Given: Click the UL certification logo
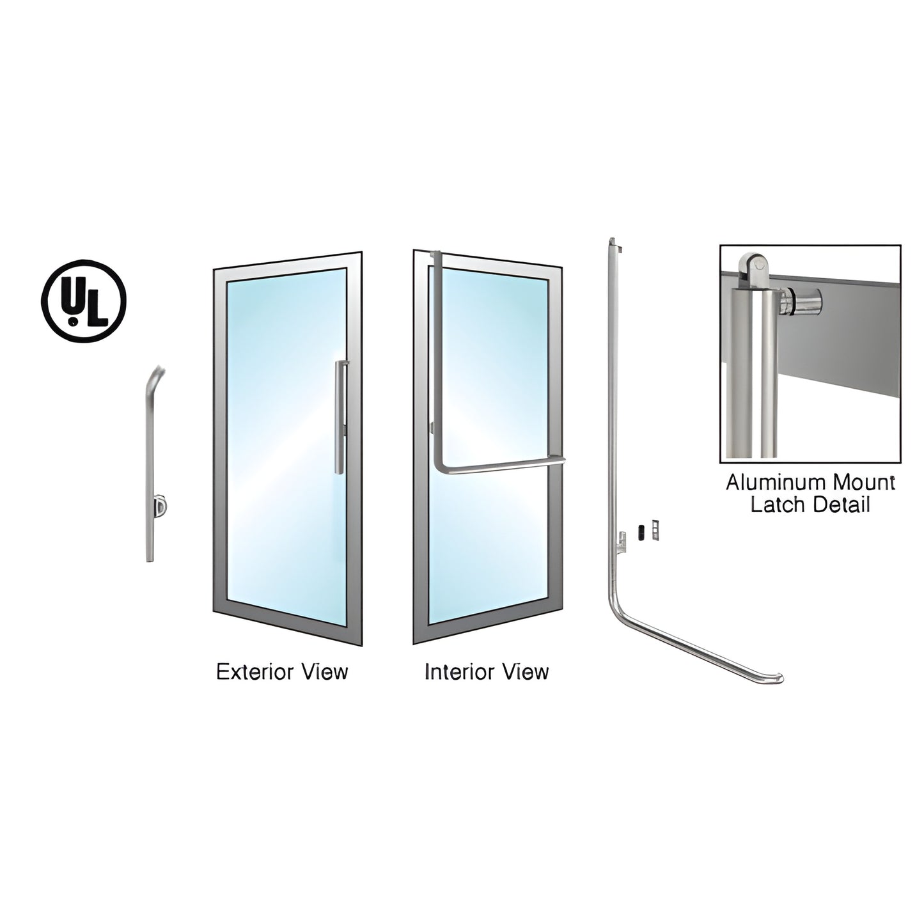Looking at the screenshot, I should tap(84, 301).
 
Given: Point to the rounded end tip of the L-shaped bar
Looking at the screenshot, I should tap(779, 678).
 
